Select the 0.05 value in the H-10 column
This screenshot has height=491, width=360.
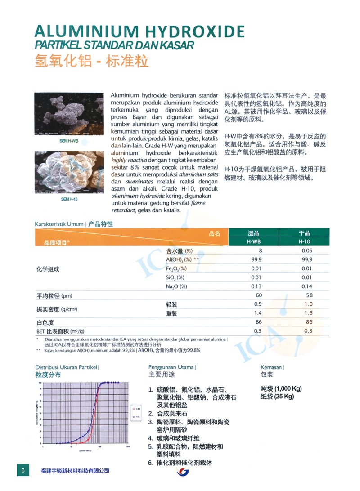(307, 250)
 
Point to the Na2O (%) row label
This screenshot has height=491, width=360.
(176, 286)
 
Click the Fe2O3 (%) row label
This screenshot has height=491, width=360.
(176, 268)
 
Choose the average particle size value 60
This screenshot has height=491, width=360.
(259, 295)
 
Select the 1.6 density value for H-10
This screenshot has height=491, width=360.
(308, 313)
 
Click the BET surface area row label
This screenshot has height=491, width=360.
(60, 331)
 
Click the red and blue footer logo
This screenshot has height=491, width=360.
(183, 472)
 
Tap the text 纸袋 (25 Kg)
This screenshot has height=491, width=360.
(277, 397)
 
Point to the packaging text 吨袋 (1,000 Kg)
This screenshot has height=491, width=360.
(281, 388)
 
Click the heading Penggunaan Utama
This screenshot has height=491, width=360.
(171, 367)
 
